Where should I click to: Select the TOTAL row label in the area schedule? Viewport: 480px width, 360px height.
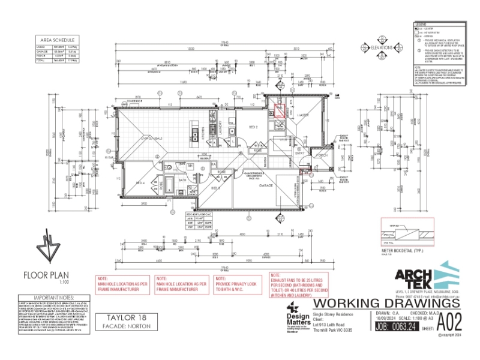point(41,61)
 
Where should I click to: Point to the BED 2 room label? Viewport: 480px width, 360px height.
point(253,128)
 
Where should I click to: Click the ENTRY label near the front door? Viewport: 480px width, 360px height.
point(300,153)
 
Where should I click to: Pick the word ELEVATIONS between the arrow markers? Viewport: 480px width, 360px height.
point(382,46)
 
